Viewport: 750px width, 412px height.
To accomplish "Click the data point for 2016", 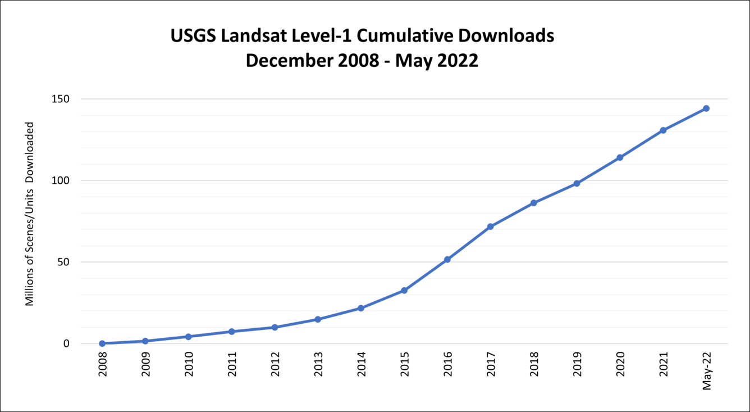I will pyautogui.click(x=447, y=260).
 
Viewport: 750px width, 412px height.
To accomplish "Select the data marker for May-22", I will pyautogui.click(x=706, y=108).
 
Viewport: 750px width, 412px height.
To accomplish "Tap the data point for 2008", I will pyautogui.click(x=102, y=343).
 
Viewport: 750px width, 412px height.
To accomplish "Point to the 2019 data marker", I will pyautogui.click(x=577, y=183).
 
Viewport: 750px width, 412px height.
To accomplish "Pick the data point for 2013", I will pyautogui.click(x=318, y=319).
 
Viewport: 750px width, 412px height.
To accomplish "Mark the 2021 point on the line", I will pyautogui.click(x=663, y=130).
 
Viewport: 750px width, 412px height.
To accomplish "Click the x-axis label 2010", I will pyautogui.click(x=189, y=364).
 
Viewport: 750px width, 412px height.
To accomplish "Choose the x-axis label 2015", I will pyautogui.click(x=404, y=364).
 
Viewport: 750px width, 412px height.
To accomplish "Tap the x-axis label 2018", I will pyautogui.click(x=533, y=364).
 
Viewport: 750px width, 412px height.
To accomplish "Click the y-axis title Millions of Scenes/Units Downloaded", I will pyautogui.click(x=30, y=214).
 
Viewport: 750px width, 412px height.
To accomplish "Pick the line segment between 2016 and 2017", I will pyautogui.click(x=469, y=243).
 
